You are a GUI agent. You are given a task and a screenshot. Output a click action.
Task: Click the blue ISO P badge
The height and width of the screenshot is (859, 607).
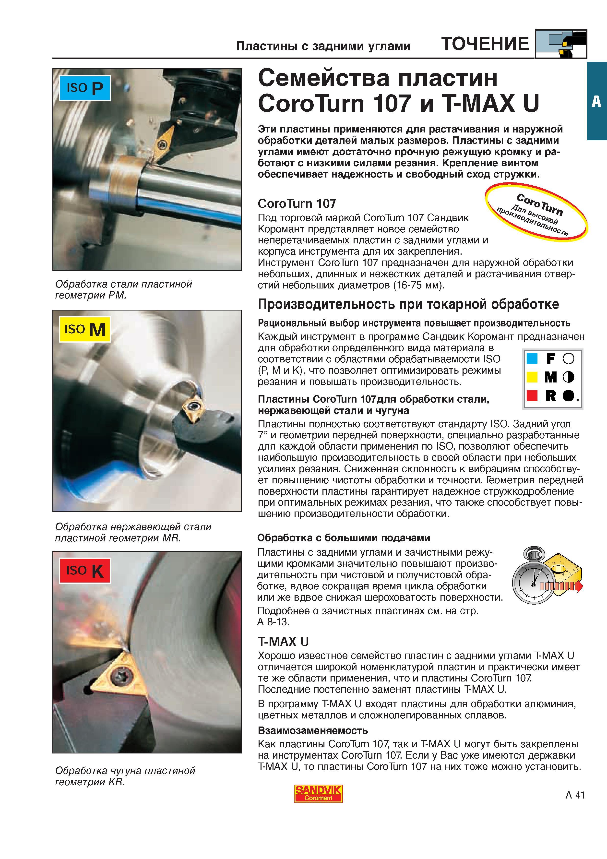coord(84,88)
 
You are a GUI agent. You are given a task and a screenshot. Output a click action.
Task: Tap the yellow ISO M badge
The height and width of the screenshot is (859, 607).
coord(84,329)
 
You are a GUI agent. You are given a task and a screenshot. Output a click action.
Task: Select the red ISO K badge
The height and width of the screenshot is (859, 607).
coord(84,571)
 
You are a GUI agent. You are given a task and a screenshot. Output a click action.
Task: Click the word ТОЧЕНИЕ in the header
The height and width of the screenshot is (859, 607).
coord(485,44)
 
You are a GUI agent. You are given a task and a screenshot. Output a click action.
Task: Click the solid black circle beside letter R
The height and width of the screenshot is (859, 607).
coord(568,395)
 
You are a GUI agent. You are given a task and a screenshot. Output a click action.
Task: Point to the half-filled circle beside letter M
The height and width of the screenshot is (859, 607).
coord(568,377)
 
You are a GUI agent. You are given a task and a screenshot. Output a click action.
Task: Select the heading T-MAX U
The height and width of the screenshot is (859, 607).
coord(283,641)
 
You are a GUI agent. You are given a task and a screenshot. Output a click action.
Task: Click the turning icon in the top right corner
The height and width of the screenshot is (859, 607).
coord(561,44)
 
